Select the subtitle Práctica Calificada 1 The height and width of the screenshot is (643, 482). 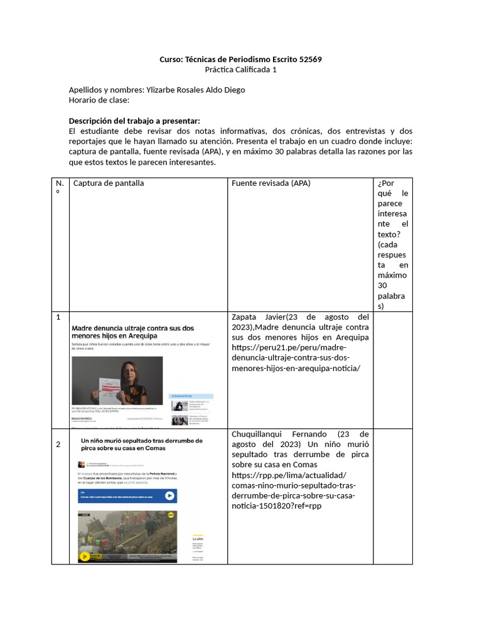(x=241, y=69)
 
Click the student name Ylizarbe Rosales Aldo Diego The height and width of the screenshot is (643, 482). (x=195, y=89)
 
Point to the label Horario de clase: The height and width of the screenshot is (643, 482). (x=99, y=99)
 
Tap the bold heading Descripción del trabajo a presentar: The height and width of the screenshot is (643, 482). (x=134, y=121)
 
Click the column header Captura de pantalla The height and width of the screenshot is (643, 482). (x=109, y=183)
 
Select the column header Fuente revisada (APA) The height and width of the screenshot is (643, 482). (x=271, y=183)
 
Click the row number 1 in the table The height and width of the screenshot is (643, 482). (x=58, y=317)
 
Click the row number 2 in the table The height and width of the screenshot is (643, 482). (x=58, y=445)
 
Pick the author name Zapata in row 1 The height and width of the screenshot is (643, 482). (x=246, y=317)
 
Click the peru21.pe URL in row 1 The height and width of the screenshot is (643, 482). (x=296, y=358)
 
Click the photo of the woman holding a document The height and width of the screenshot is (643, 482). (x=117, y=381)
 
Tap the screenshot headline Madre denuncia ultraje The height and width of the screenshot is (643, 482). (x=132, y=332)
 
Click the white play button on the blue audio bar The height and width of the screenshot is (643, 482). (x=169, y=495)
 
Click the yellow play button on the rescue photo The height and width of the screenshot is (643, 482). (x=84, y=556)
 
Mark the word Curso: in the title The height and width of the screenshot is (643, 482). (x=170, y=59)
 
